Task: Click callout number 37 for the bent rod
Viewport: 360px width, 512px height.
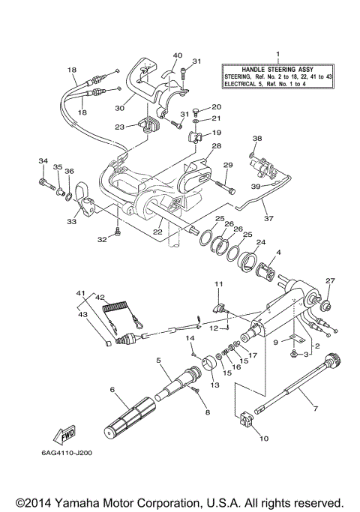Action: click(269, 219)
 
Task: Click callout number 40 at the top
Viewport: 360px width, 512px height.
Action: click(177, 55)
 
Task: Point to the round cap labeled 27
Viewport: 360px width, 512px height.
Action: click(327, 305)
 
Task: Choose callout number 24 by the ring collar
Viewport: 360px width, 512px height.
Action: click(261, 242)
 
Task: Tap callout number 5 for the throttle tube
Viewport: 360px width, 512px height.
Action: click(158, 361)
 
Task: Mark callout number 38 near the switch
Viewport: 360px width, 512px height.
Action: click(257, 139)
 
